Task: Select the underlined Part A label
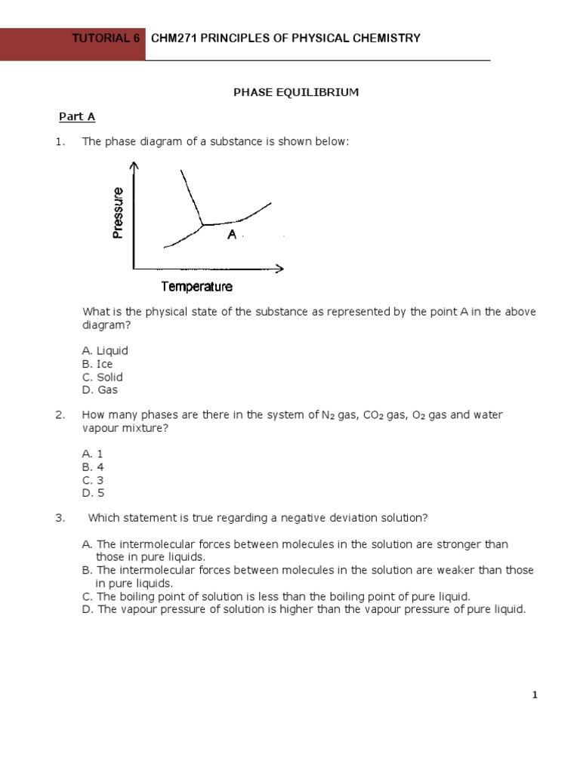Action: tap(77, 116)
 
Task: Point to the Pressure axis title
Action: tap(118, 213)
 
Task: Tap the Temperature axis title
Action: tap(196, 286)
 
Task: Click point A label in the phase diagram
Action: tap(232, 236)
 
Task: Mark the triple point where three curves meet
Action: tap(202, 224)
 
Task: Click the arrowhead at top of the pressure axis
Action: tap(134, 167)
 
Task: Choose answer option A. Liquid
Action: tap(105, 350)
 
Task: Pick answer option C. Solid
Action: tap(102, 377)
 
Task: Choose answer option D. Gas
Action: tap(100, 390)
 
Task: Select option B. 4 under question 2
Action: tap(93, 467)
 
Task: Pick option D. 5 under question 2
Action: tap(93, 493)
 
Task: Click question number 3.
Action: tap(59, 518)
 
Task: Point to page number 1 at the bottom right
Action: tap(535, 696)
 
